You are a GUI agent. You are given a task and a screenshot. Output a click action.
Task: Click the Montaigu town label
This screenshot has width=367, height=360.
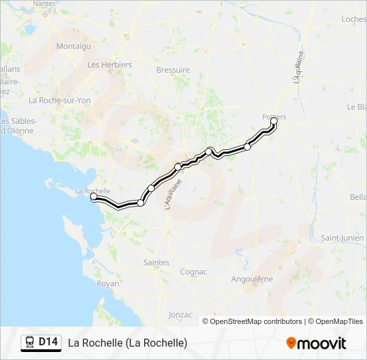(x=73, y=46)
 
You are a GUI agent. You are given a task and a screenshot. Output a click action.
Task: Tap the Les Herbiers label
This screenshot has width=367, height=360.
(x=109, y=65)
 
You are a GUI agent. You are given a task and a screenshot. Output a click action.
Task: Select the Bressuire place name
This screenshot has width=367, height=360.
(x=173, y=69)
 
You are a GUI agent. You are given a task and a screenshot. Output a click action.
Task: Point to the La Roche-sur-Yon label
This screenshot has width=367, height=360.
(x=59, y=100)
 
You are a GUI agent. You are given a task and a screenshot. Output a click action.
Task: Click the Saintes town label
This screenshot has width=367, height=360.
(x=156, y=263)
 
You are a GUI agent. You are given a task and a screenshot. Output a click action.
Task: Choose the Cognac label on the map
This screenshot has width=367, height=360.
(x=194, y=272)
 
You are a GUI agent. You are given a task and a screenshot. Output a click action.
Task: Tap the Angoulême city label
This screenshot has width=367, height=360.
(x=252, y=279)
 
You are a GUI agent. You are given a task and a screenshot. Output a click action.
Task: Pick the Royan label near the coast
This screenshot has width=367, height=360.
(x=108, y=283)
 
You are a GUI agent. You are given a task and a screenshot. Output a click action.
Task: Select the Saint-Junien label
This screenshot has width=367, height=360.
(x=342, y=238)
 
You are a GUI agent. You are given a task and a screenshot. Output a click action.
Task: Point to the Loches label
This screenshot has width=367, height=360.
(x=354, y=19)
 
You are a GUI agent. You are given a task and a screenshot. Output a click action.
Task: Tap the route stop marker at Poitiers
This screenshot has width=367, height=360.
(x=274, y=121)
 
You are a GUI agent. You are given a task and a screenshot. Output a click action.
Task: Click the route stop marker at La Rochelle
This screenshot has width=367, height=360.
(x=93, y=197)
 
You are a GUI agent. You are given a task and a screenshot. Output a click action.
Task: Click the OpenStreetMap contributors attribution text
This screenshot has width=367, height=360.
(x=256, y=321)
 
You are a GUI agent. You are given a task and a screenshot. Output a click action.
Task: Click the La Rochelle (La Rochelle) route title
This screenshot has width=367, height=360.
(x=127, y=343)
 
